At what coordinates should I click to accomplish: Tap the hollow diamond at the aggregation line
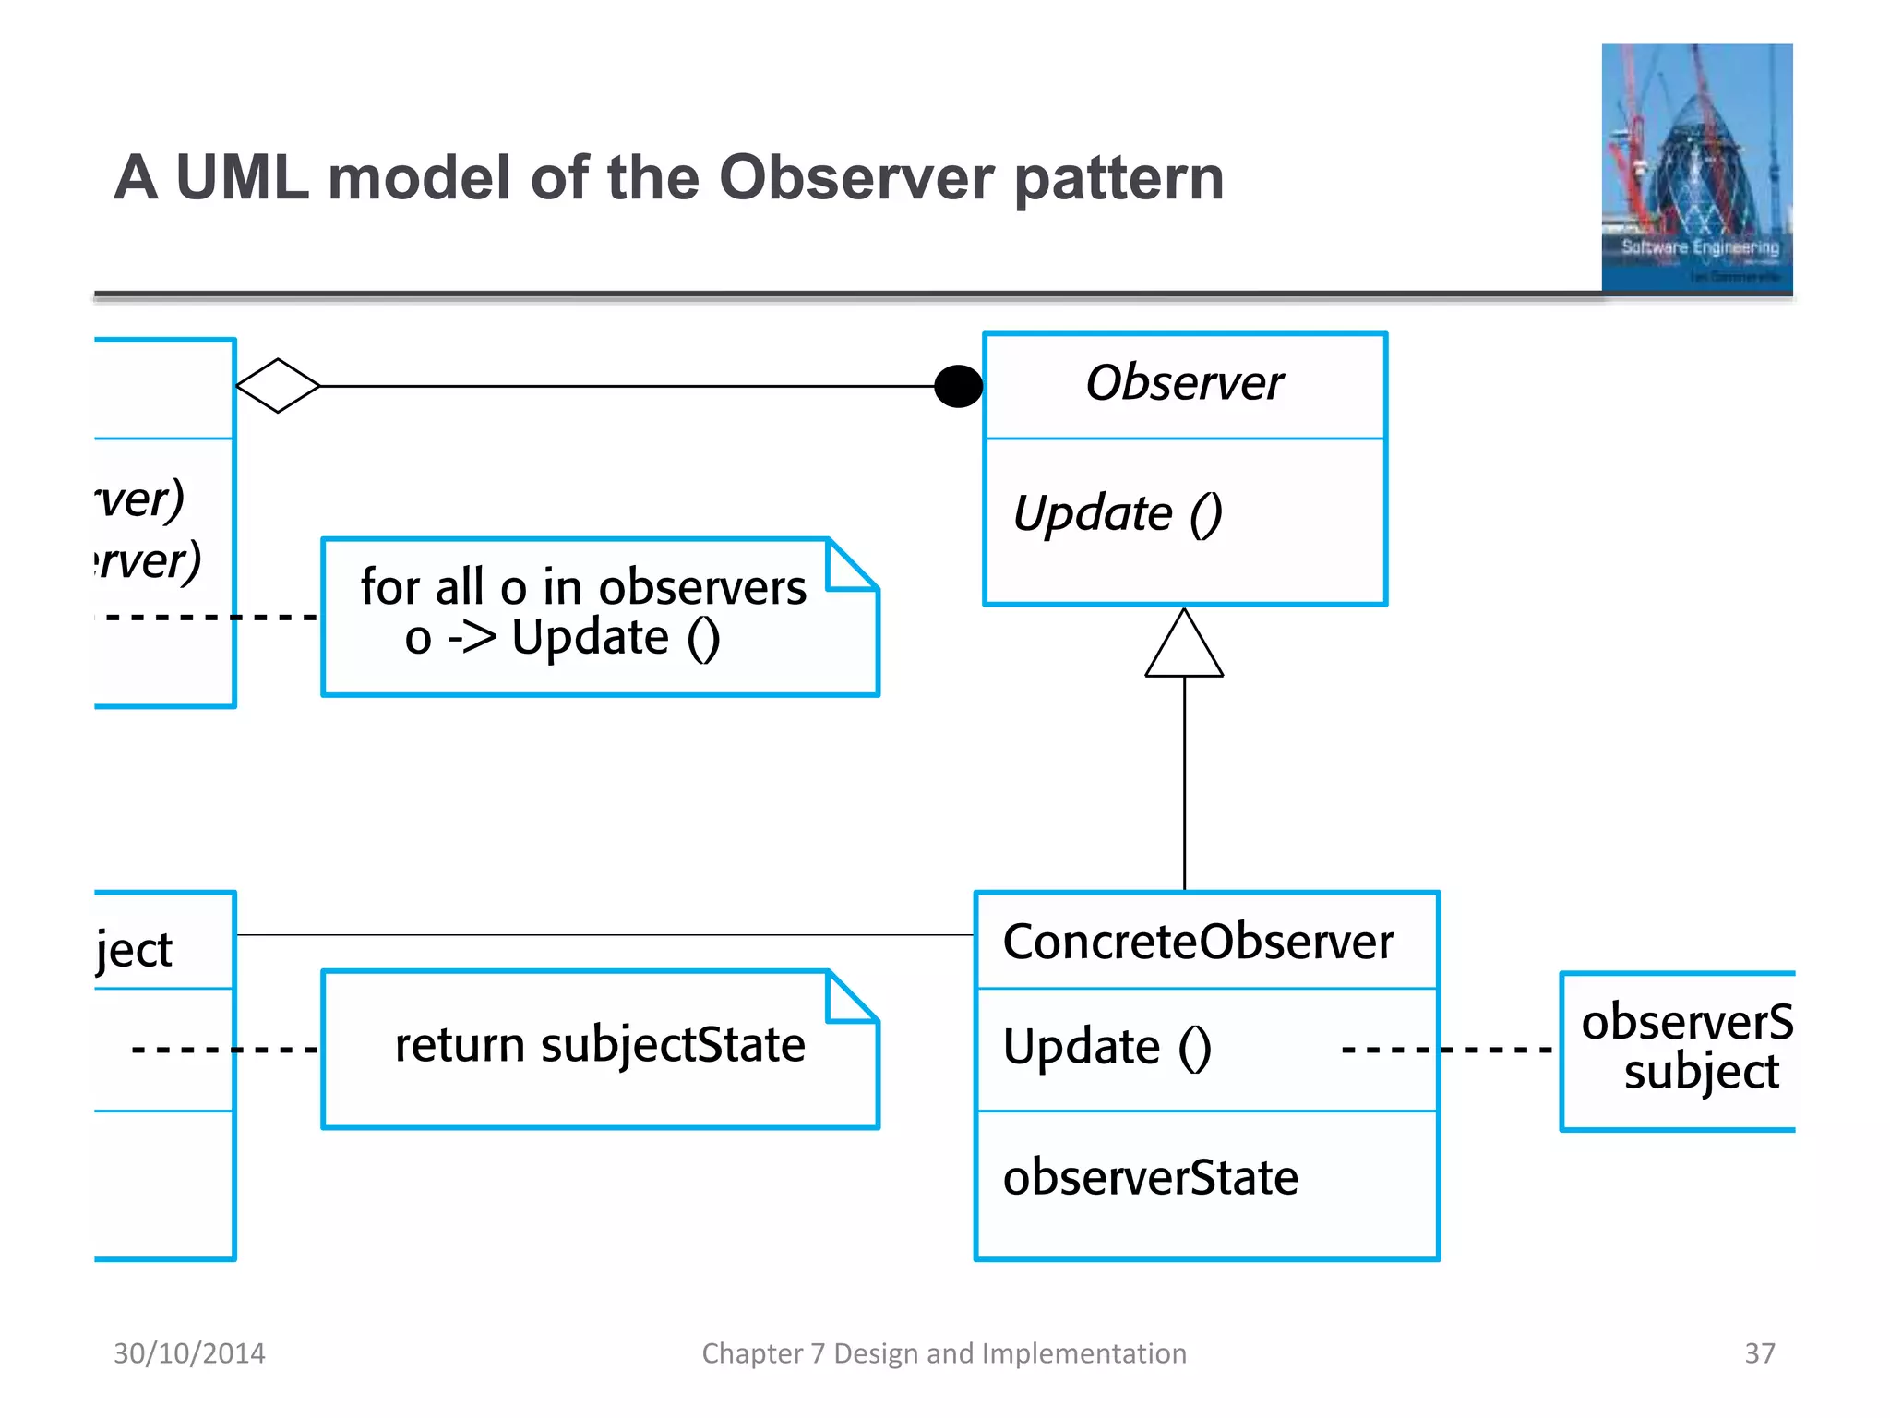278,386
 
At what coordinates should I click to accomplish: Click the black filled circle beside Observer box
959,386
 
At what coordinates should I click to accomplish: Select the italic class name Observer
1184,383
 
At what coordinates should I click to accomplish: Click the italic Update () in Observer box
1118,513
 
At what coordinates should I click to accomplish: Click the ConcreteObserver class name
1198,943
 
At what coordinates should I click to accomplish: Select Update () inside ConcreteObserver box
1107,1048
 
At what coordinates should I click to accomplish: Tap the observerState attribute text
1151,1178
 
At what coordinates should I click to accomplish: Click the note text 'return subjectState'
600,1045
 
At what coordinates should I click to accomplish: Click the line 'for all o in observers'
583,587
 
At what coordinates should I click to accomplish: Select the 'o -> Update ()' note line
562,638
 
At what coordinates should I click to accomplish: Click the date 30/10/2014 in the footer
189,1353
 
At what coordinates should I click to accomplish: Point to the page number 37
1759,1353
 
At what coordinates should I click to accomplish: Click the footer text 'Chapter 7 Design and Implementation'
944,1353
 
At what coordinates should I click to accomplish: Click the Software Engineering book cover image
1696,168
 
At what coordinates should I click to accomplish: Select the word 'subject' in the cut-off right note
1701,1073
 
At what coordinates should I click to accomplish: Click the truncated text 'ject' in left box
135,950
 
